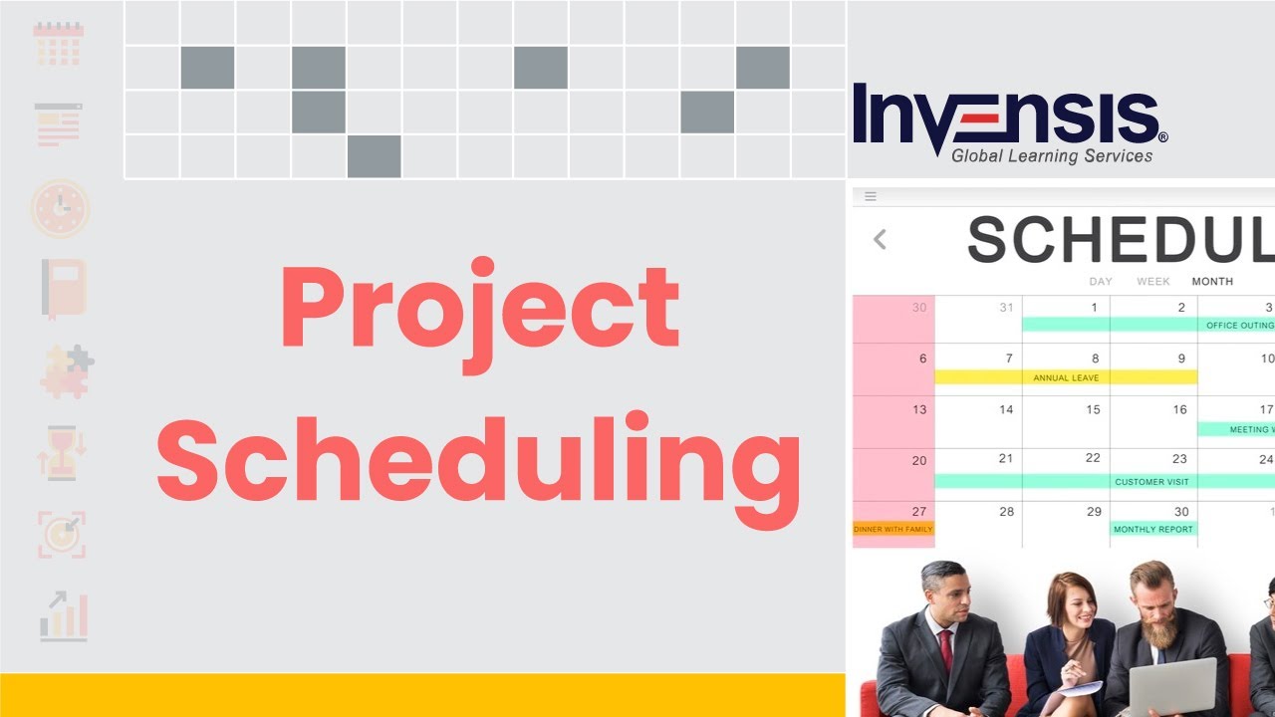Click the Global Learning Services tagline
tap(1051, 156)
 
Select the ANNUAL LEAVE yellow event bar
tap(1065, 377)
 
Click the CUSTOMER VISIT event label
tap(1151, 481)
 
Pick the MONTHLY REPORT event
tap(1153, 529)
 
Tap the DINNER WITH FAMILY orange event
tap(893, 529)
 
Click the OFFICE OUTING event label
tap(1238, 325)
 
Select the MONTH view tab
tap(1212, 282)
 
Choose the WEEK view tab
tap(1153, 282)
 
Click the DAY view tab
tap(1101, 282)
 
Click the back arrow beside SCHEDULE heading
tap(880, 240)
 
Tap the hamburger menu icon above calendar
tap(871, 197)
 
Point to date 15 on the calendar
tap(1093, 409)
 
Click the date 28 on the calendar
tap(1006, 512)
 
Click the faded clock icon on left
tap(60, 208)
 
